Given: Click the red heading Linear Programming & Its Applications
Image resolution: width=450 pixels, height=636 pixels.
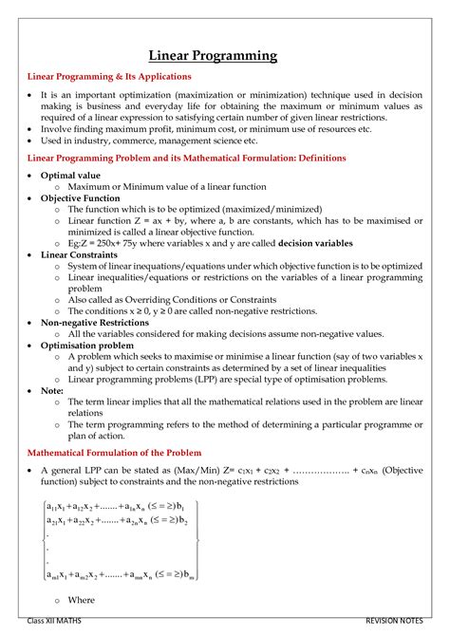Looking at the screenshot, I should click(109, 76).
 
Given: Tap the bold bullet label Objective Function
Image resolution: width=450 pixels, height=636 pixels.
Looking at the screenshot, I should click(81, 197).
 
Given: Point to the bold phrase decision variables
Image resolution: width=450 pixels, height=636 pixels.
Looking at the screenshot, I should click(314, 243).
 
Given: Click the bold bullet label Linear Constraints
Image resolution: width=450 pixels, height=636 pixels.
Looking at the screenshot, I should click(81, 254).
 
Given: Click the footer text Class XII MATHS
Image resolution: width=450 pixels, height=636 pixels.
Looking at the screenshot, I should click(60, 621).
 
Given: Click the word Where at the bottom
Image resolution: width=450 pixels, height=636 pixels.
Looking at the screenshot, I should click(82, 600).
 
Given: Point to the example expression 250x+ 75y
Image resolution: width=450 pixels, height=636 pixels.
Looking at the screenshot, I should click(128, 243).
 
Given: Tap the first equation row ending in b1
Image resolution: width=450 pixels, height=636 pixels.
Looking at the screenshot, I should click(117, 506).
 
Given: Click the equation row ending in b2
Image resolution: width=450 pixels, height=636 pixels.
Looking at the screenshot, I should click(117, 521).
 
